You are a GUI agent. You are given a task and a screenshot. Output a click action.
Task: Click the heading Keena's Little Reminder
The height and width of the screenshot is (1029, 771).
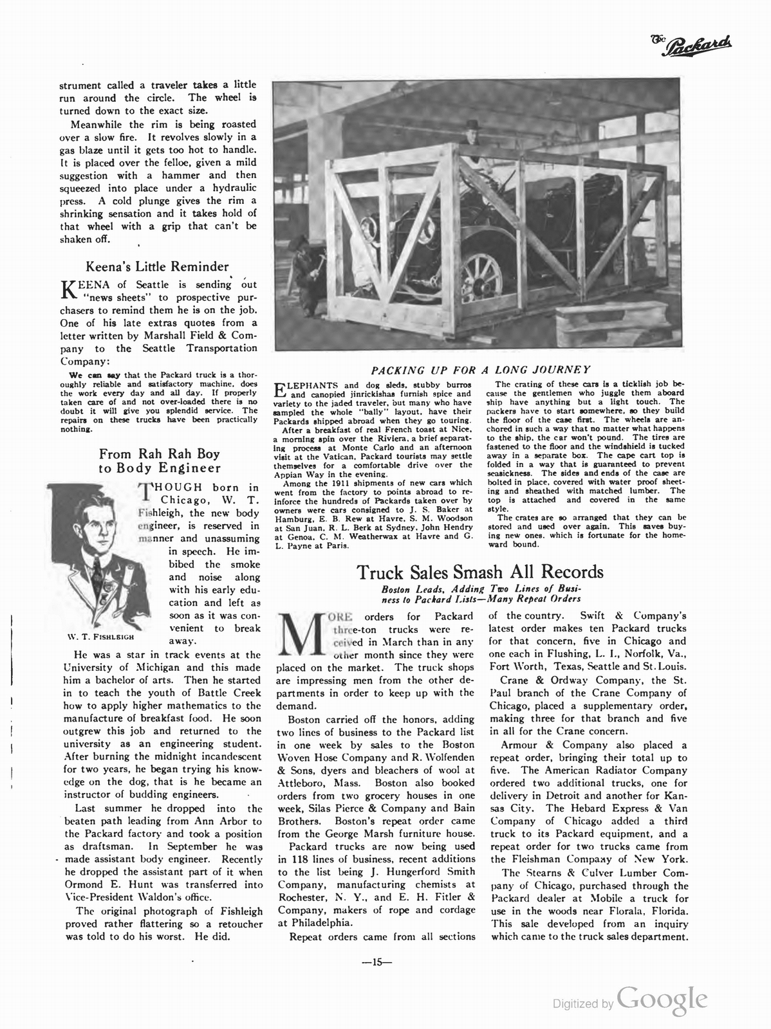158,266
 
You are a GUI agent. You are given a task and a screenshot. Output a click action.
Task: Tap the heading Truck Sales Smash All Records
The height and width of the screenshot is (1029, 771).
480,571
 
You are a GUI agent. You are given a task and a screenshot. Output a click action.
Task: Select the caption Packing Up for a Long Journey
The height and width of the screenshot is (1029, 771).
480,369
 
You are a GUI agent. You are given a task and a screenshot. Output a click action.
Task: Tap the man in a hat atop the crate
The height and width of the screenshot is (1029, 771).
475,137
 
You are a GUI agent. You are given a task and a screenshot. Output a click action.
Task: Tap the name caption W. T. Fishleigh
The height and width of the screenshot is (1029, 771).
100,638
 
